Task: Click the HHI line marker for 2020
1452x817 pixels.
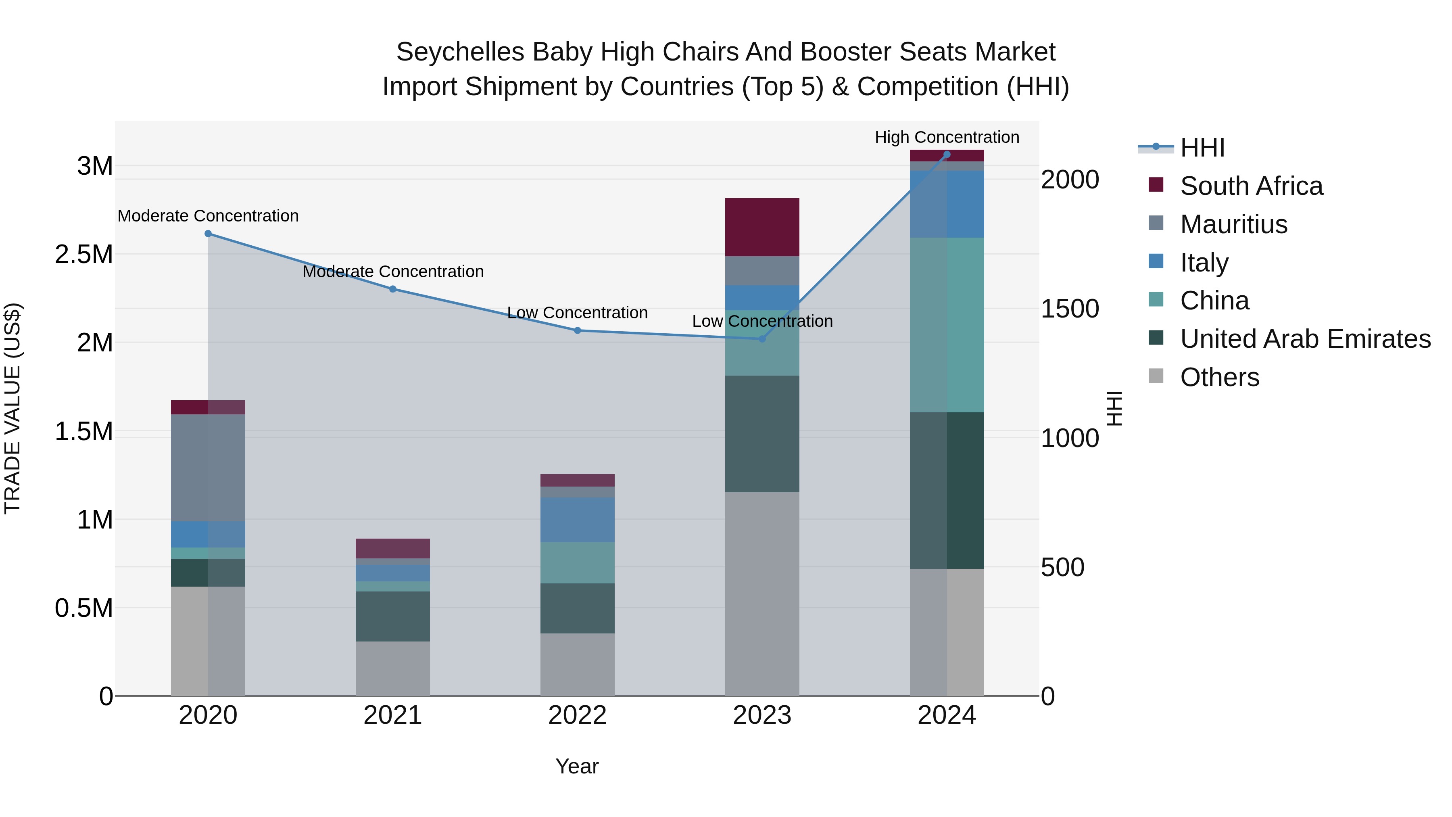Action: point(208,234)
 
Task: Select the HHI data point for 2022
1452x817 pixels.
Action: point(577,330)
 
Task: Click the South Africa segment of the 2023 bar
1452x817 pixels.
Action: point(761,227)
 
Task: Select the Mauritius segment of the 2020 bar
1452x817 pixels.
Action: point(208,468)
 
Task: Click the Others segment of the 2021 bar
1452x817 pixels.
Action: point(392,668)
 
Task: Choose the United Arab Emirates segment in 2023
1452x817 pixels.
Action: point(761,434)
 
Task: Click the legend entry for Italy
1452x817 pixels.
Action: point(1204,263)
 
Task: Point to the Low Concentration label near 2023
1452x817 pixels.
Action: point(761,322)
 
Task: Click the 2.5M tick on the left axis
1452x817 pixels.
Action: point(84,254)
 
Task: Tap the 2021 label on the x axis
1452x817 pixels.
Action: point(392,715)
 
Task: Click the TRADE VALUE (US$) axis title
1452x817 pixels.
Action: point(13,408)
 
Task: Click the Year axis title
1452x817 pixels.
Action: point(577,766)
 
